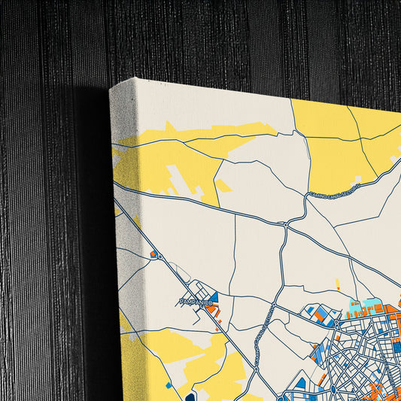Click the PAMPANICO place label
(197, 302)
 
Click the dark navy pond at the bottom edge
(190, 396)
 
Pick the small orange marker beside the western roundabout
(153, 254)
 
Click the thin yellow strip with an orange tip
(337, 286)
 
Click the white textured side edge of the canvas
(124, 226)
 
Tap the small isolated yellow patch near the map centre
(223, 185)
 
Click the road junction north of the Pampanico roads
(286, 223)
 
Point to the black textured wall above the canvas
(226, 38)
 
